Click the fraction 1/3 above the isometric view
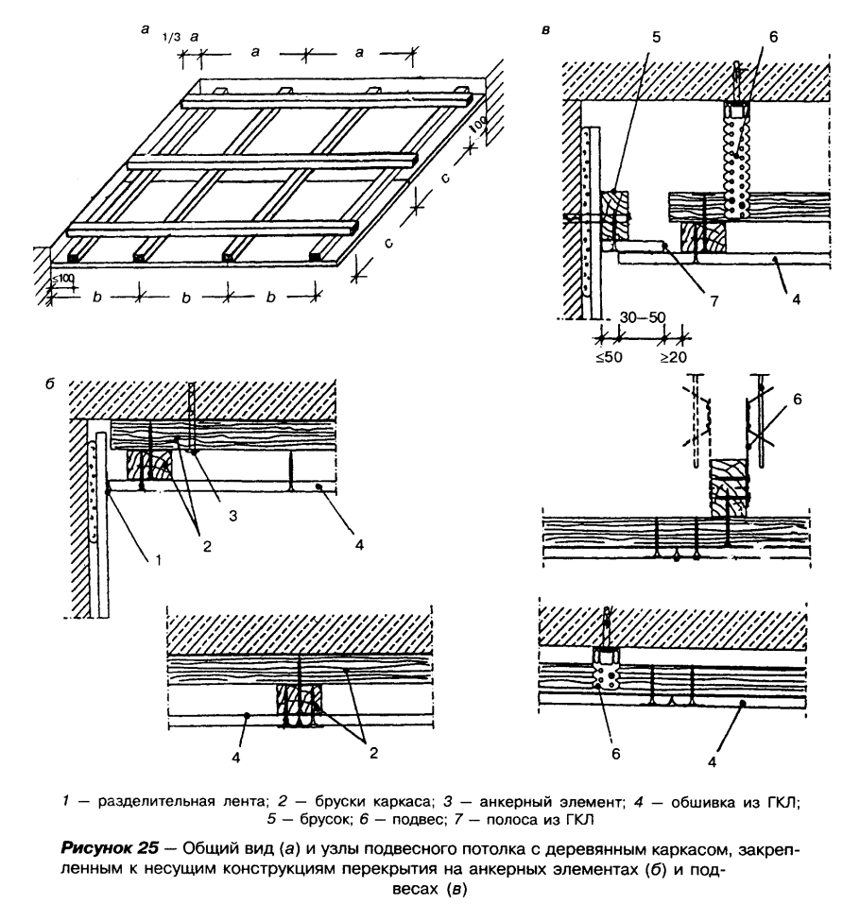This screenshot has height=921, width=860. [170, 37]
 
